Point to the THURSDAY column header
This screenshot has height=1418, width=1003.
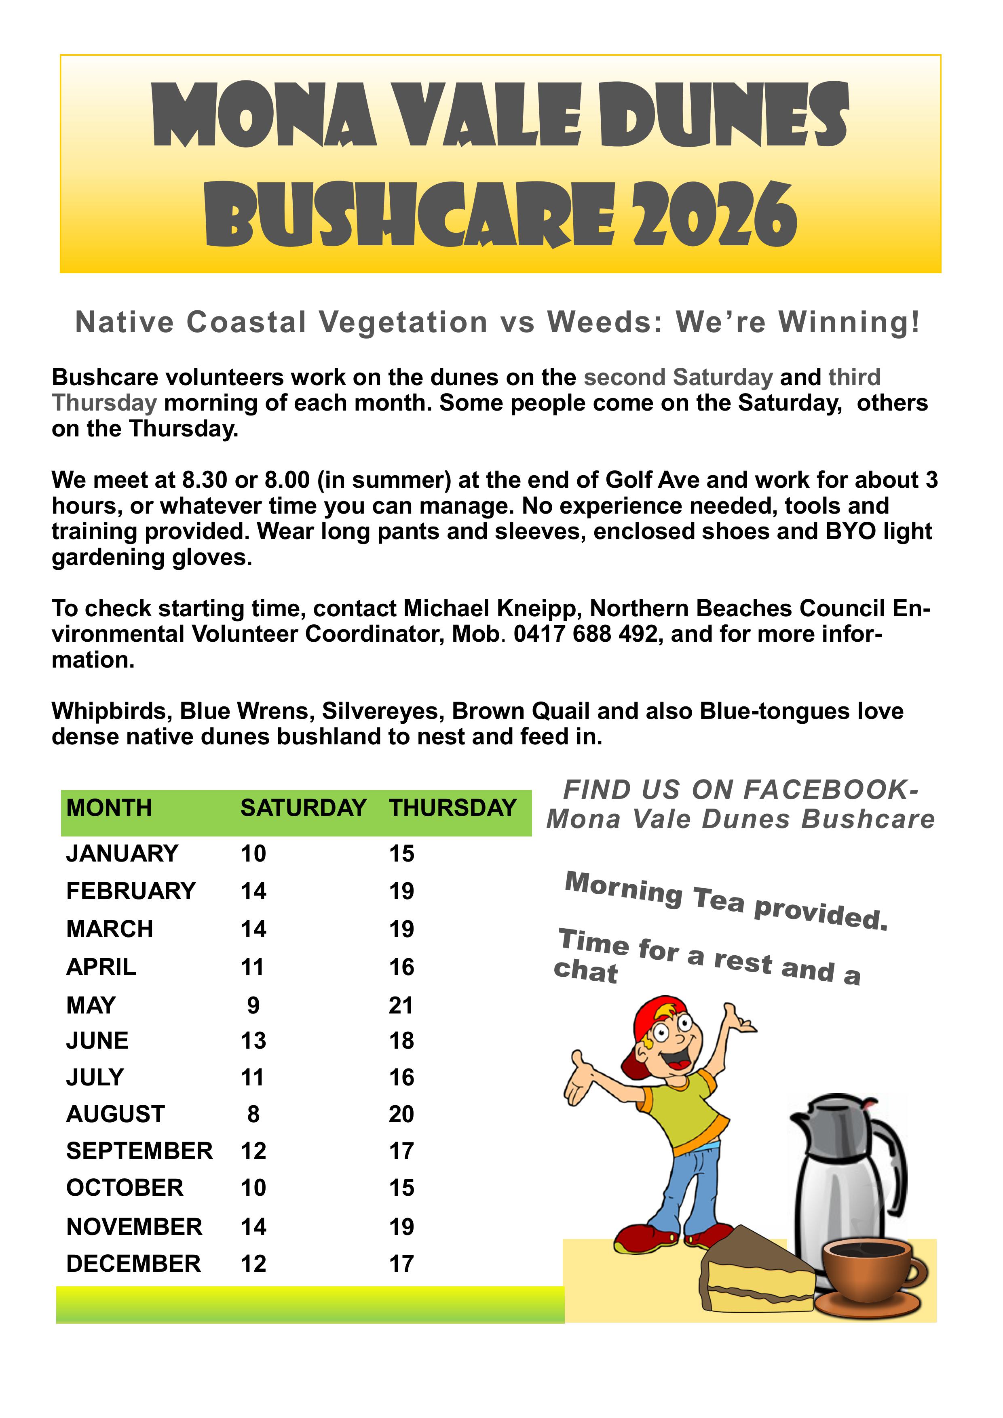tap(452, 808)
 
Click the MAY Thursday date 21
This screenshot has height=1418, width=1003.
tap(401, 1005)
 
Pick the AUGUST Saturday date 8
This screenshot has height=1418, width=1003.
tap(253, 1114)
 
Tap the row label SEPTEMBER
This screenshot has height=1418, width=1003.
tap(139, 1151)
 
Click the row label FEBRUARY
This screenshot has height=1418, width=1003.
tap(131, 891)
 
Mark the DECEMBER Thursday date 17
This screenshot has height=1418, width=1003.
tap(401, 1264)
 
